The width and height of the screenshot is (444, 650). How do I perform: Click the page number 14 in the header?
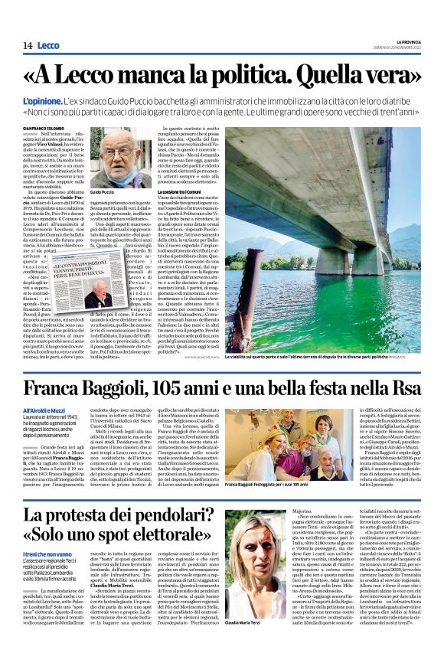(x=27, y=46)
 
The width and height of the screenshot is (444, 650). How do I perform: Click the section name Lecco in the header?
(x=49, y=46)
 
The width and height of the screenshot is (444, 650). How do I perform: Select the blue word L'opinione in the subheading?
(x=43, y=101)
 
